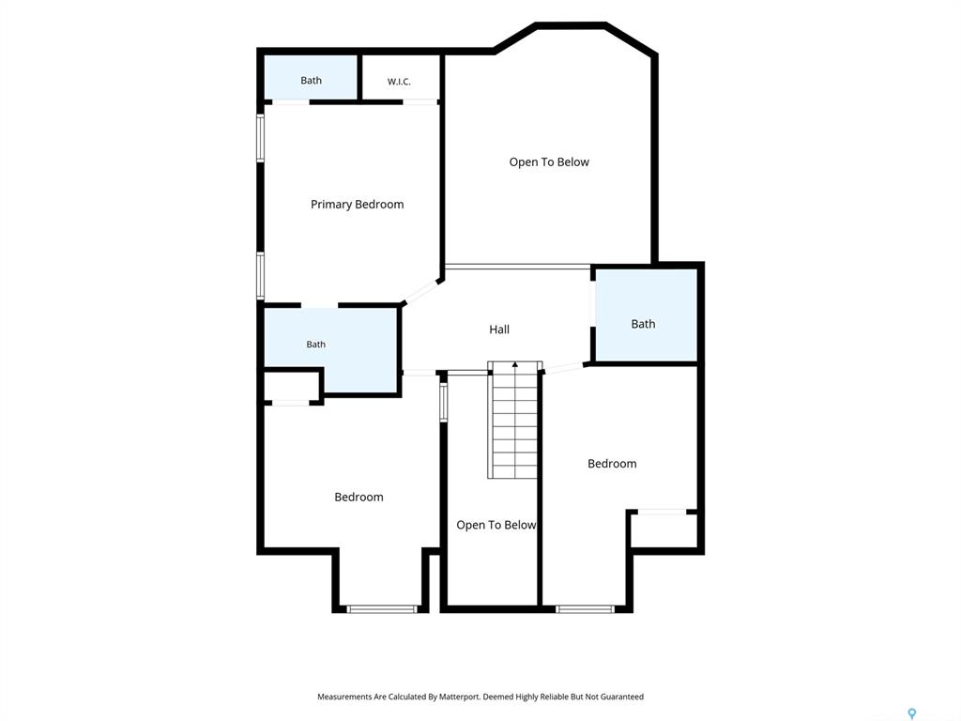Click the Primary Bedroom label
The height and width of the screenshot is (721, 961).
click(x=357, y=204)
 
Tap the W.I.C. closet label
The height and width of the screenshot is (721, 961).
click(x=399, y=82)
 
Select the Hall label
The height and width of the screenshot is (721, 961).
click(x=499, y=330)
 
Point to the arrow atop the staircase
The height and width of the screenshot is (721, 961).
click(x=515, y=365)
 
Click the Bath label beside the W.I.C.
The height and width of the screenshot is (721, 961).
click(x=311, y=81)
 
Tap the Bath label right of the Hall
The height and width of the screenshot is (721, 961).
click(x=643, y=324)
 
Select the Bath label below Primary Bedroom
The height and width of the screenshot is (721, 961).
click(x=315, y=345)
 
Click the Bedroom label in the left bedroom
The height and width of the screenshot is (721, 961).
click(x=358, y=497)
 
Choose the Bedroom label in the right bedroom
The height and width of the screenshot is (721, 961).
click(x=612, y=464)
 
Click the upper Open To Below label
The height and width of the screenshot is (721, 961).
click(x=549, y=161)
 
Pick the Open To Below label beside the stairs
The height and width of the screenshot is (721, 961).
click(x=496, y=525)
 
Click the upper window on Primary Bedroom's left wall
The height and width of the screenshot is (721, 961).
click(x=261, y=138)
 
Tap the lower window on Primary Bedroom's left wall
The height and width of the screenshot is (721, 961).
click(x=261, y=276)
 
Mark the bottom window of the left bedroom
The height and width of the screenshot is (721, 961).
click(x=382, y=609)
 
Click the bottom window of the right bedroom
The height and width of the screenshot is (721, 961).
click(x=586, y=609)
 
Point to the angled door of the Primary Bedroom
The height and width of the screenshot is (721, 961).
click(x=421, y=292)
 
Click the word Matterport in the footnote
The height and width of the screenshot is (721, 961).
click(x=459, y=697)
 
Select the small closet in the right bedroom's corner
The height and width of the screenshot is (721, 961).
click(x=664, y=529)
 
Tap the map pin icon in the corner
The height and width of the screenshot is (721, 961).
click(x=912, y=713)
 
